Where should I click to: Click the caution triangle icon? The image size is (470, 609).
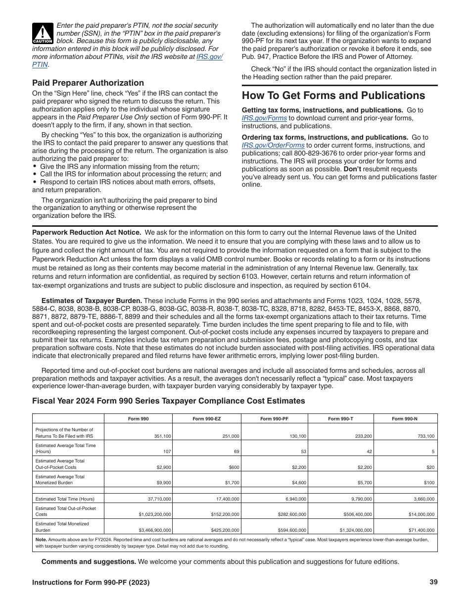click(43, 33)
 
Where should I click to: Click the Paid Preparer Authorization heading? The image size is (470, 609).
click(88, 83)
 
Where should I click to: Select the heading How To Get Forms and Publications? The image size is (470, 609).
click(333, 96)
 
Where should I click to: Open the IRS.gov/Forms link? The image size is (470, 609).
click(265, 118)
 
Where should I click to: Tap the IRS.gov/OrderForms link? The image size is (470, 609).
click(273, 146)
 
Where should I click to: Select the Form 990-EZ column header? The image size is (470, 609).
click(206, 419)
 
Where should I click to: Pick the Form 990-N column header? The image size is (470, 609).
click(404, 419)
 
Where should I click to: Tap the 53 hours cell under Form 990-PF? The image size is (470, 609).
click(302, 452)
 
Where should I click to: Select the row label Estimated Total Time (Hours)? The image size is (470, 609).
click(65, 499)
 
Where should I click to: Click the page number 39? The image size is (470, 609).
click(433, 582)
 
